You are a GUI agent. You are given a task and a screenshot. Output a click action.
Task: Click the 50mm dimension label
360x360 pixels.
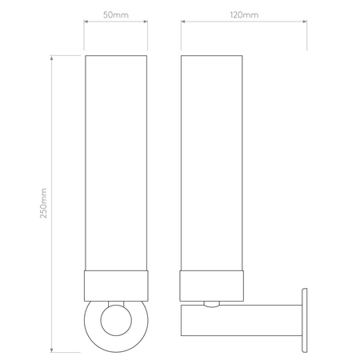[116, 15]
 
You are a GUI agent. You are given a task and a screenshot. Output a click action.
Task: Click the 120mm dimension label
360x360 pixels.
[244, 15]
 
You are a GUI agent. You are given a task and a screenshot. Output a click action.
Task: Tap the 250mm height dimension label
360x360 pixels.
[43, 203]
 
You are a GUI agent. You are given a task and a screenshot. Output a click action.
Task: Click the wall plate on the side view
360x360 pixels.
[304, 320]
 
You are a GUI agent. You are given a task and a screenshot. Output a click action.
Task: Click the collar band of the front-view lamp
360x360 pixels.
[116, 286]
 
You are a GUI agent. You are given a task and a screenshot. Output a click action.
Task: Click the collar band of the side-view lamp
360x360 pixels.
[212, 286]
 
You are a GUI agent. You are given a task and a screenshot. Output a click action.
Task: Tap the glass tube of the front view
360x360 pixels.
[116, 163]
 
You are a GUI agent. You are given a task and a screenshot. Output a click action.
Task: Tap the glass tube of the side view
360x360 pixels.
[212, 163]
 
